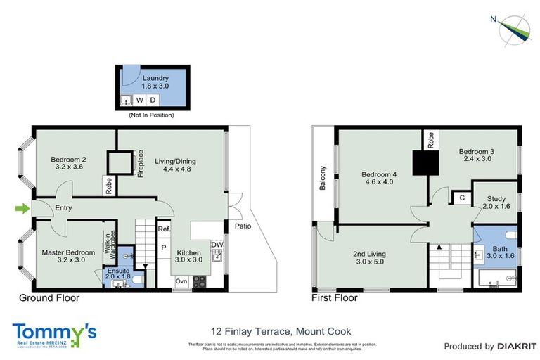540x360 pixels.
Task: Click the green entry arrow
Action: tap(22, 208)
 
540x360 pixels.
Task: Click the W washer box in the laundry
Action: tap(139, 100)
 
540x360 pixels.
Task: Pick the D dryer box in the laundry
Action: tap(153, 100)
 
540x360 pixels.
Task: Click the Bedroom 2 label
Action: tap(67, 164)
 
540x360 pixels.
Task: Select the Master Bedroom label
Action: tap(64, 255)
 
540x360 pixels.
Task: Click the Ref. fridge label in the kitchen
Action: tap(164, 229)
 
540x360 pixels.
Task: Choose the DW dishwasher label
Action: tap(218, 244)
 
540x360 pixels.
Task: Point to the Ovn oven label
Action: tap(182, 282)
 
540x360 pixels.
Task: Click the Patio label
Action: tap(243, 226)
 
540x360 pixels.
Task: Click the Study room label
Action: tap(495, 202)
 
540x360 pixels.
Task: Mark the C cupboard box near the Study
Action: tap(461, 198)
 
